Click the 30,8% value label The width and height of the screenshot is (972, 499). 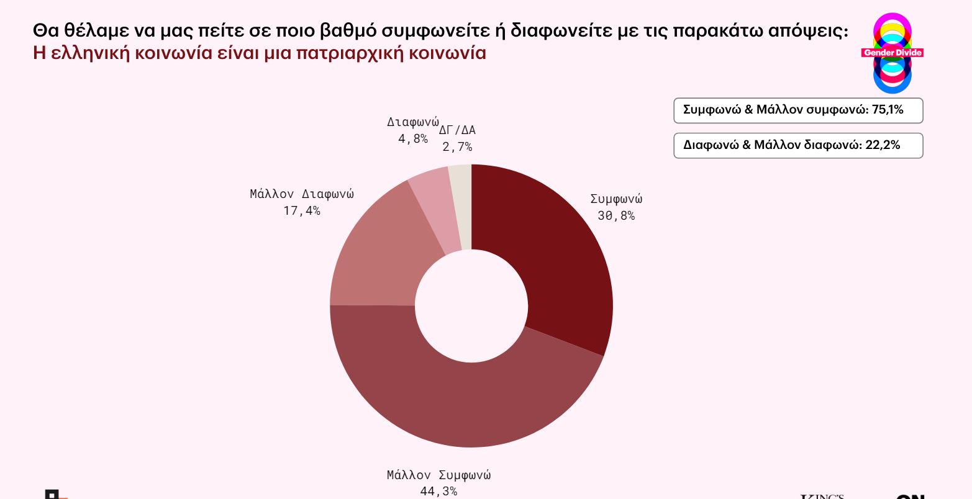pos(616,216)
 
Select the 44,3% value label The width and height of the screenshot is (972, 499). pos(438,492)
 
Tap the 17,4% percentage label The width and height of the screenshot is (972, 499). pos(302,211)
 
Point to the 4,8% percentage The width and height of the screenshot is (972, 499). pos(413,139)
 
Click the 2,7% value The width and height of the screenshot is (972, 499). pos(457,147)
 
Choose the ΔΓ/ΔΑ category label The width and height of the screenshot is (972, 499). pos(457,130)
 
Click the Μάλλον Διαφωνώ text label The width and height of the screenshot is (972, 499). pos(302,194)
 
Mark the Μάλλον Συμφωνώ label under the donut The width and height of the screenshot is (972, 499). pos(438,475)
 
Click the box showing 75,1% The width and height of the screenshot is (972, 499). pos(799,110)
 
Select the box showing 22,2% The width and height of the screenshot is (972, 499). pos(799,146)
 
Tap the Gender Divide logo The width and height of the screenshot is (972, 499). pos(892,53)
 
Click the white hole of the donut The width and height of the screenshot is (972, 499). pos(471,306)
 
